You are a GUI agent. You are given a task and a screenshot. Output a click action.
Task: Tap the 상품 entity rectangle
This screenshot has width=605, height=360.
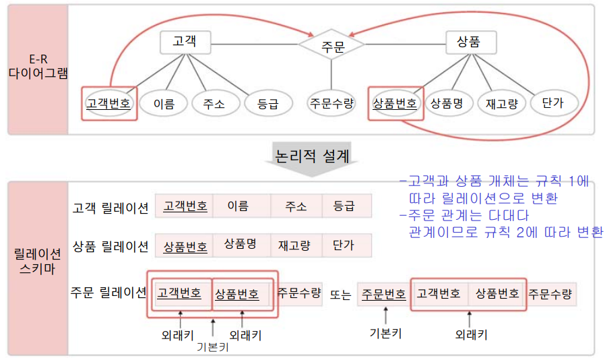(472, 42)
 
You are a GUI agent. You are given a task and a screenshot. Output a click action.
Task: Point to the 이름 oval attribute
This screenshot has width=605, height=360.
(164, 103)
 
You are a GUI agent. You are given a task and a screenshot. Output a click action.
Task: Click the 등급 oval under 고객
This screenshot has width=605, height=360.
(267, 103)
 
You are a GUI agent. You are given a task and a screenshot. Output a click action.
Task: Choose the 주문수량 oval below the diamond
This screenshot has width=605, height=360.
(331, 103)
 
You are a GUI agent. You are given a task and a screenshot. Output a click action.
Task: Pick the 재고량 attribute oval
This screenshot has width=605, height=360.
(501, 103)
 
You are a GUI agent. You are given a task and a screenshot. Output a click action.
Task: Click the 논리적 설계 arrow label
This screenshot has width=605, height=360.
(312, 157)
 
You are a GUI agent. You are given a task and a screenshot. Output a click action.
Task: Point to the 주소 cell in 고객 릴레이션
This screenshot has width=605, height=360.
(296, 206)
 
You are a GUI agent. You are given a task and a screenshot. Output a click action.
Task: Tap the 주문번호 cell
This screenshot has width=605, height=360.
(383, 294)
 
